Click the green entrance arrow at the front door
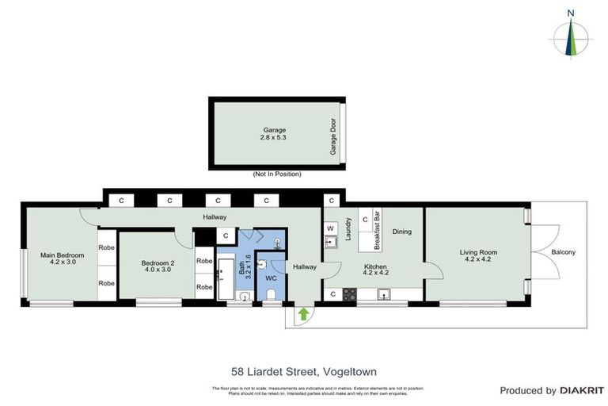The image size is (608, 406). point(302,314)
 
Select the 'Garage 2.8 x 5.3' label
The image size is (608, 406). point(275,132)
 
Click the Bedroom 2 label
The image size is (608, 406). point(157,266)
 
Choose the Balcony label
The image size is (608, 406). point(563,253)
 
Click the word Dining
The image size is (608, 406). point(403,232)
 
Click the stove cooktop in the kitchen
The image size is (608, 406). point(348,294)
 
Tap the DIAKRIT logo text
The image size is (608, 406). point(582,390)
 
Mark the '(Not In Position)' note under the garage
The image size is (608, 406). point(276,174)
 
